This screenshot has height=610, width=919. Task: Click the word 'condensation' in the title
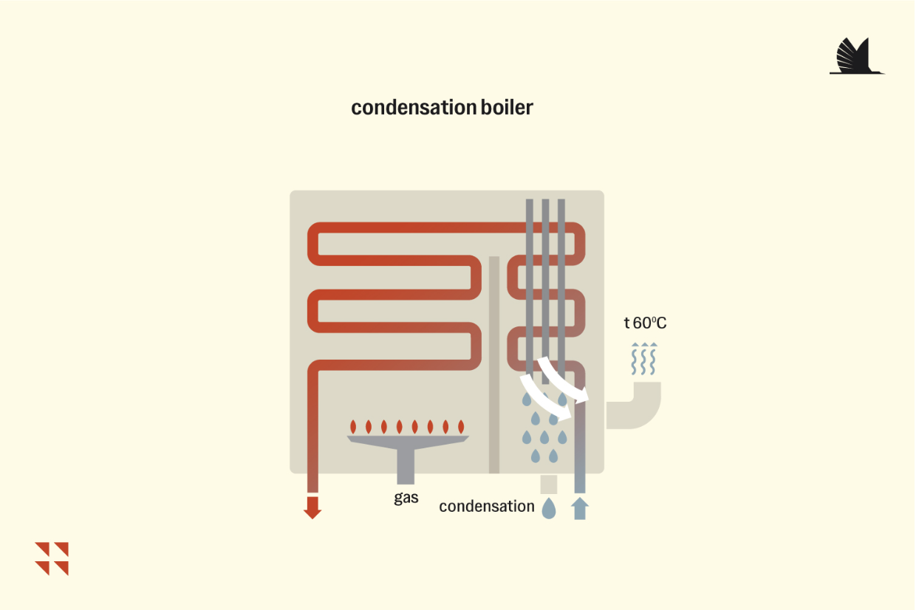click(x=414, y=108)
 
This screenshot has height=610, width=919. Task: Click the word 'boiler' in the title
click(x=507, y=108)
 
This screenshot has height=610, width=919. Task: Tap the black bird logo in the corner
click(x=857, y=56)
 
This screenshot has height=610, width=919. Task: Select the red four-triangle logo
click(x=52, y=559)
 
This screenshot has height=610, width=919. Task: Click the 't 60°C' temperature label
click(x=645, y=323)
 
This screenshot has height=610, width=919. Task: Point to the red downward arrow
click(x=312, y=507)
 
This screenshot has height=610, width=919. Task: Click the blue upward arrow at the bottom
click(x=580, y=508)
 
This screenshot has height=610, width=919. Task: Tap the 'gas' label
click(x=406, y=498)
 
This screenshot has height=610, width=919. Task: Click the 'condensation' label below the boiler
click(x=487, y=506)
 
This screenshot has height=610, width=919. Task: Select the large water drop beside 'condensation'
click(x=549, y=509)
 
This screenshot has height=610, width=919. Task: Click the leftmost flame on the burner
click(x=353, y=427)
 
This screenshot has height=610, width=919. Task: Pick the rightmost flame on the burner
click(x=461, y=427)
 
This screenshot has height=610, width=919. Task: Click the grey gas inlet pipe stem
click(x=406, y=467)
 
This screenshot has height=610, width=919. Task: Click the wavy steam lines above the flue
click(x=643, y=358)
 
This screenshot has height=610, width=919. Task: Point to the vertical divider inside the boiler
click(x=494, y=365)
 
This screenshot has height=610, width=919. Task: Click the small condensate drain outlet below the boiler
click(x=549, y=484)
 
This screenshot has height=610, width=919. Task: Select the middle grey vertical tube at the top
click(x=545, y=292)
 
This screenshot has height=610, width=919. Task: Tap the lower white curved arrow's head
click(x=564, y=412)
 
